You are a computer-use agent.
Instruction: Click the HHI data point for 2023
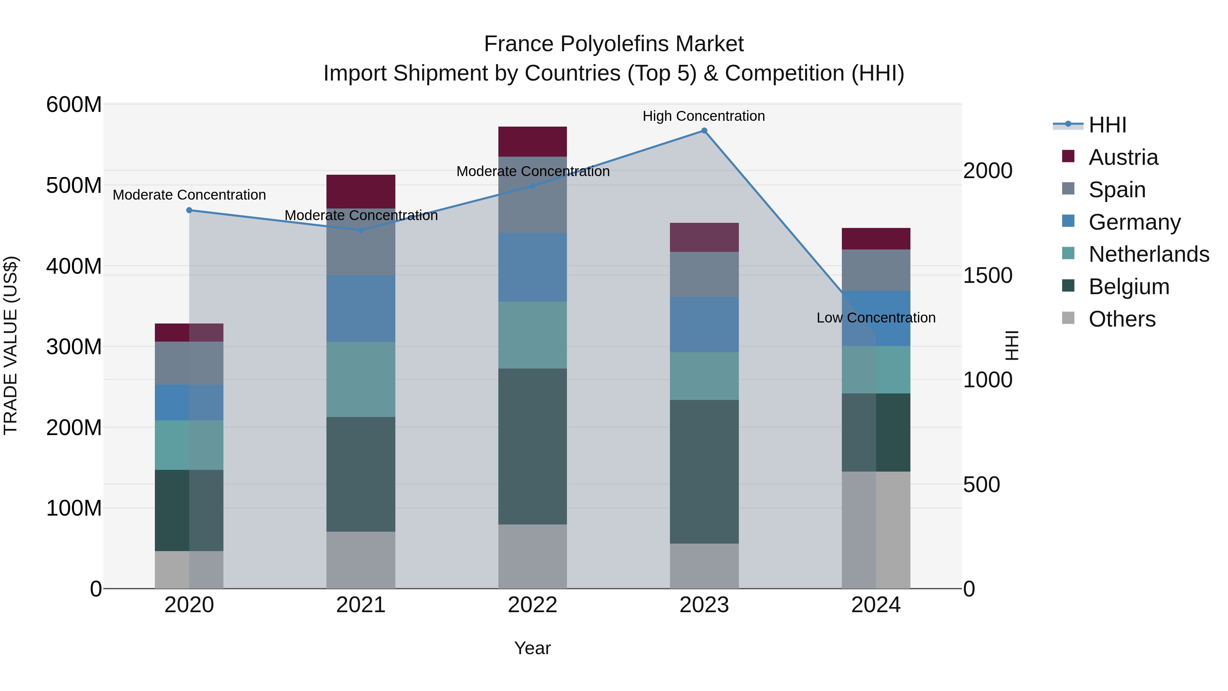pos(704,131)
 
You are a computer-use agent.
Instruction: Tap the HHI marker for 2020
pos(189,210)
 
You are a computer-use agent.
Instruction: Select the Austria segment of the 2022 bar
pos(532,142)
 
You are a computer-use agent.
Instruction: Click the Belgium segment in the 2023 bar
pos(704,472)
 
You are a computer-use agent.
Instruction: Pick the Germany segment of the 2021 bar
pos(361,308)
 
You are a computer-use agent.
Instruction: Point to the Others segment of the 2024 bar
pos(876,530)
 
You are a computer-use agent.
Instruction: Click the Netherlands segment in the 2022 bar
pos(532,335)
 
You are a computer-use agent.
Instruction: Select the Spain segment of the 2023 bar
pos(704,274)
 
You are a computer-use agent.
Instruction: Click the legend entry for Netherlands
pos(1149,254)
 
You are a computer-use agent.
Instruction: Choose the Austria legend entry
pos(1123,157)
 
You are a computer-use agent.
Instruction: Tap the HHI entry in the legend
pos(1107,125)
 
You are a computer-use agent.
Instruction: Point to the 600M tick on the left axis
pos(74,104)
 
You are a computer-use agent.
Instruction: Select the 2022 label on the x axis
pos(532,605)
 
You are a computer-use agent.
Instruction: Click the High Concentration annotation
pos(704,116)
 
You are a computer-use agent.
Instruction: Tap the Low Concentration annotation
pos(876,318)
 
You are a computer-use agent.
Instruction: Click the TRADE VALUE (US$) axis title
pos(11,345)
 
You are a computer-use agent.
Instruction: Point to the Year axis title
pos(532,648)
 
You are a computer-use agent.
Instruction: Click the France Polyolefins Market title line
pos(614,44)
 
